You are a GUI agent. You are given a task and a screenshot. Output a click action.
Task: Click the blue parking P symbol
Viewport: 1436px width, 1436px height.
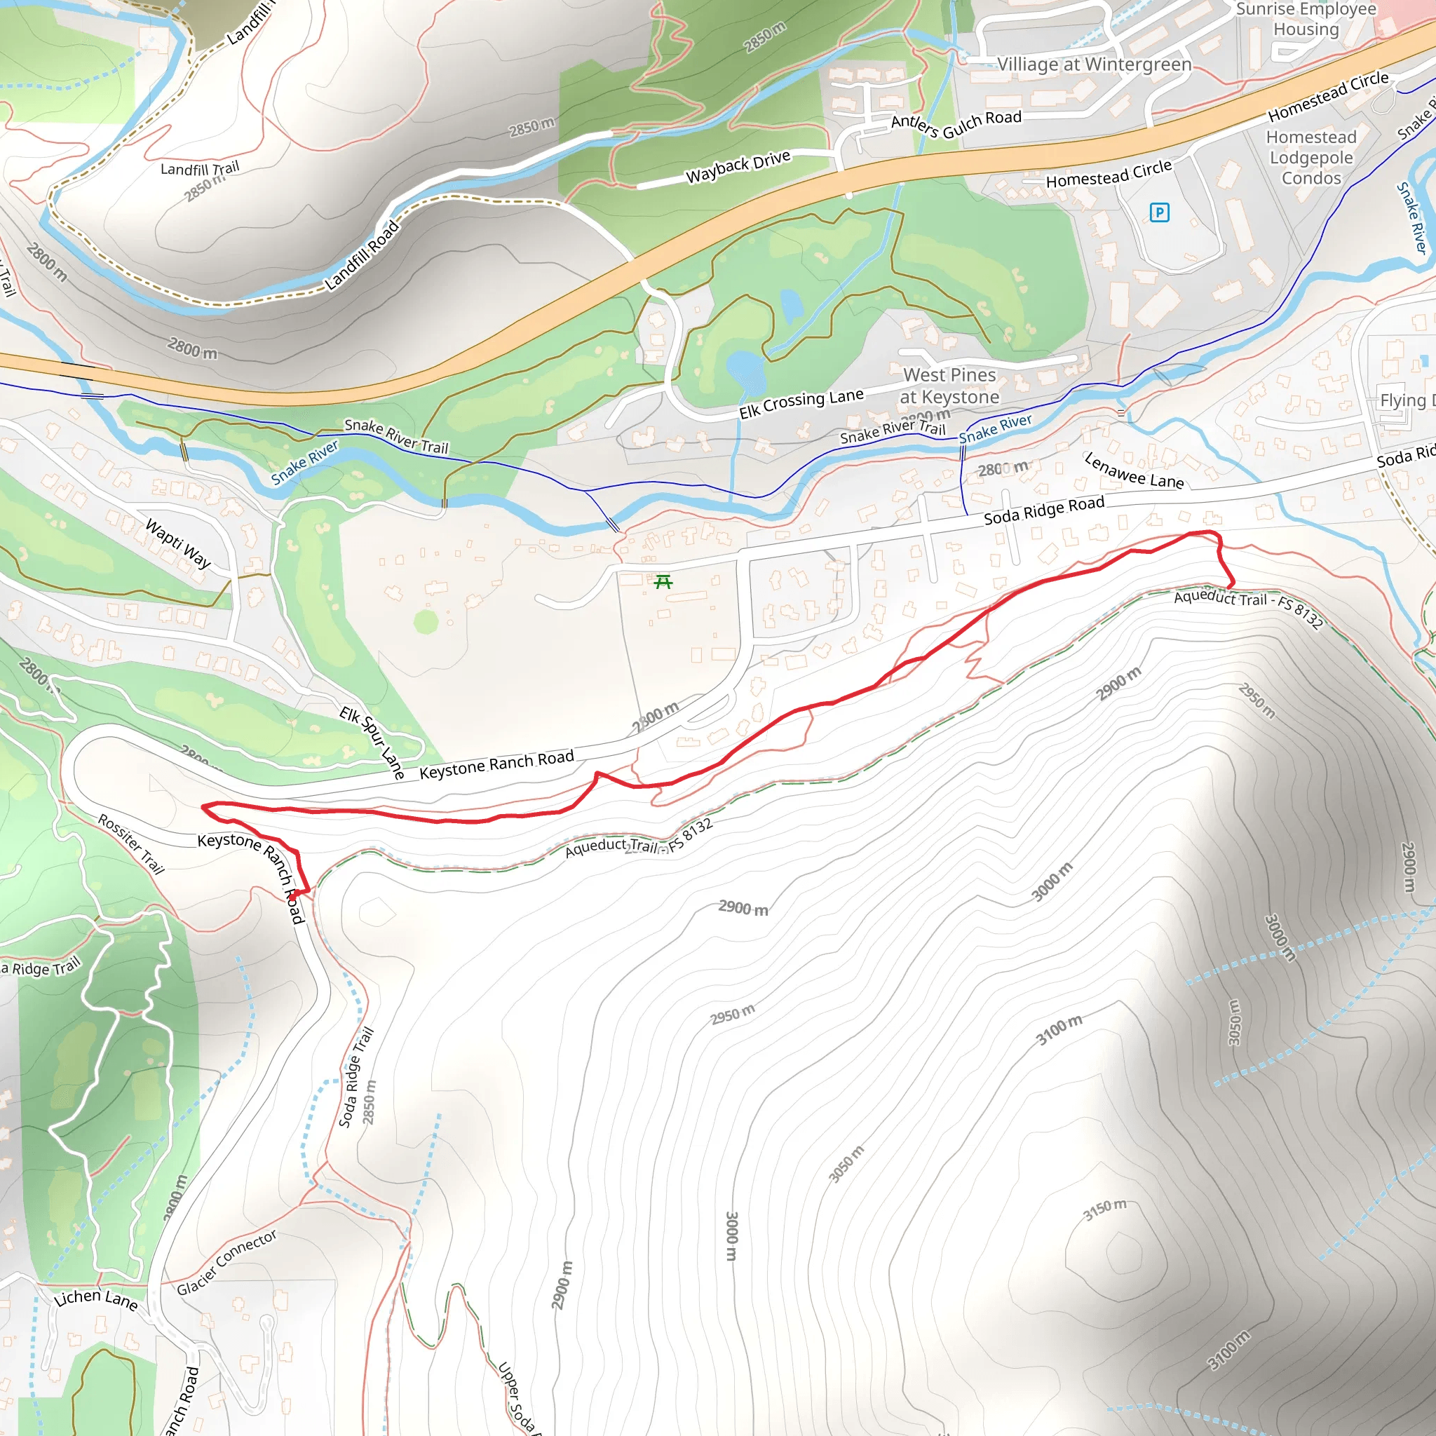tap(1159, 212)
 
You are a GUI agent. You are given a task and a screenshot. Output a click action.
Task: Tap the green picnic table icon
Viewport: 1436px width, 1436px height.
tap(663, 581)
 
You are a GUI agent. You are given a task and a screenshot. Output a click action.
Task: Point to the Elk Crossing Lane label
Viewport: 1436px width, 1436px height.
tap(801, 403)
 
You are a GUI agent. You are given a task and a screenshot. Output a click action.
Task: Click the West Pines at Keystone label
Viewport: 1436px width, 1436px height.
tap(949, 386)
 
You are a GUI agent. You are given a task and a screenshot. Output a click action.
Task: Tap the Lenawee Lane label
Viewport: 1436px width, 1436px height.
tap(1134, 471)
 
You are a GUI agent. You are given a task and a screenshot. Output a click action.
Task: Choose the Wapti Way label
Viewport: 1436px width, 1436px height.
tap(178, 543)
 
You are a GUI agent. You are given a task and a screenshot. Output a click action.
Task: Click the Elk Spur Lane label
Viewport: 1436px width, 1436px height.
tap(372, 743)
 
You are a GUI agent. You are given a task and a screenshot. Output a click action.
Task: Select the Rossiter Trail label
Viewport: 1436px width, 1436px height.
tap(131, 844)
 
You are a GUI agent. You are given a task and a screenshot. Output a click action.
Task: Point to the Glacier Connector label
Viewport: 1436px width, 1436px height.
tap(226, 1262)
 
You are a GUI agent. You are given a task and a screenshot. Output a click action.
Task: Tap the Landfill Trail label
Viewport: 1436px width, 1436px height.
tap(200, 169)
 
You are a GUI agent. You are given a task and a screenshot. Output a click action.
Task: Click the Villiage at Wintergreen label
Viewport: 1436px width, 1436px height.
tap(1094, 65)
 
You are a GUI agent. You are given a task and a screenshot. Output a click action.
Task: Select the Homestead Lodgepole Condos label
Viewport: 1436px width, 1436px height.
tap(1311, 158)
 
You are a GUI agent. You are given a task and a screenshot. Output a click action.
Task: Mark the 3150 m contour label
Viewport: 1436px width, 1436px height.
tap(1104, 1210)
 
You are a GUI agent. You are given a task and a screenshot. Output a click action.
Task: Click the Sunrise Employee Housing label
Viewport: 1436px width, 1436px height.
tap(1306, 20)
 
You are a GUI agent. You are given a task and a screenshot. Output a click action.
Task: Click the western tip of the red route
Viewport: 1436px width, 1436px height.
tap(203, 806)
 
